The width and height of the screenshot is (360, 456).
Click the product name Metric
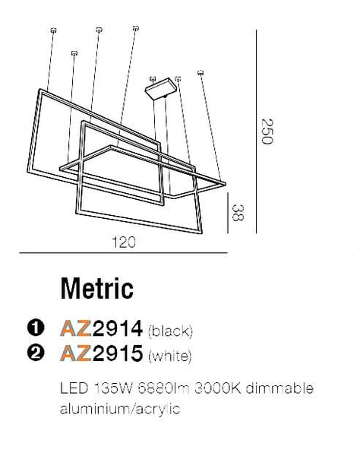click(96, 288)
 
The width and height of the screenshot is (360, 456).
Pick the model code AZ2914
click(102, 329)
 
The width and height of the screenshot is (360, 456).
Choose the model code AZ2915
click(102, 354)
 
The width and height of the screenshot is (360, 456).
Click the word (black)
click(172, 331)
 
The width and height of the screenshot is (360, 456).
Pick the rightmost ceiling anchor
click(201, 73)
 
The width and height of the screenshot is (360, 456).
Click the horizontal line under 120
click(122, 254)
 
